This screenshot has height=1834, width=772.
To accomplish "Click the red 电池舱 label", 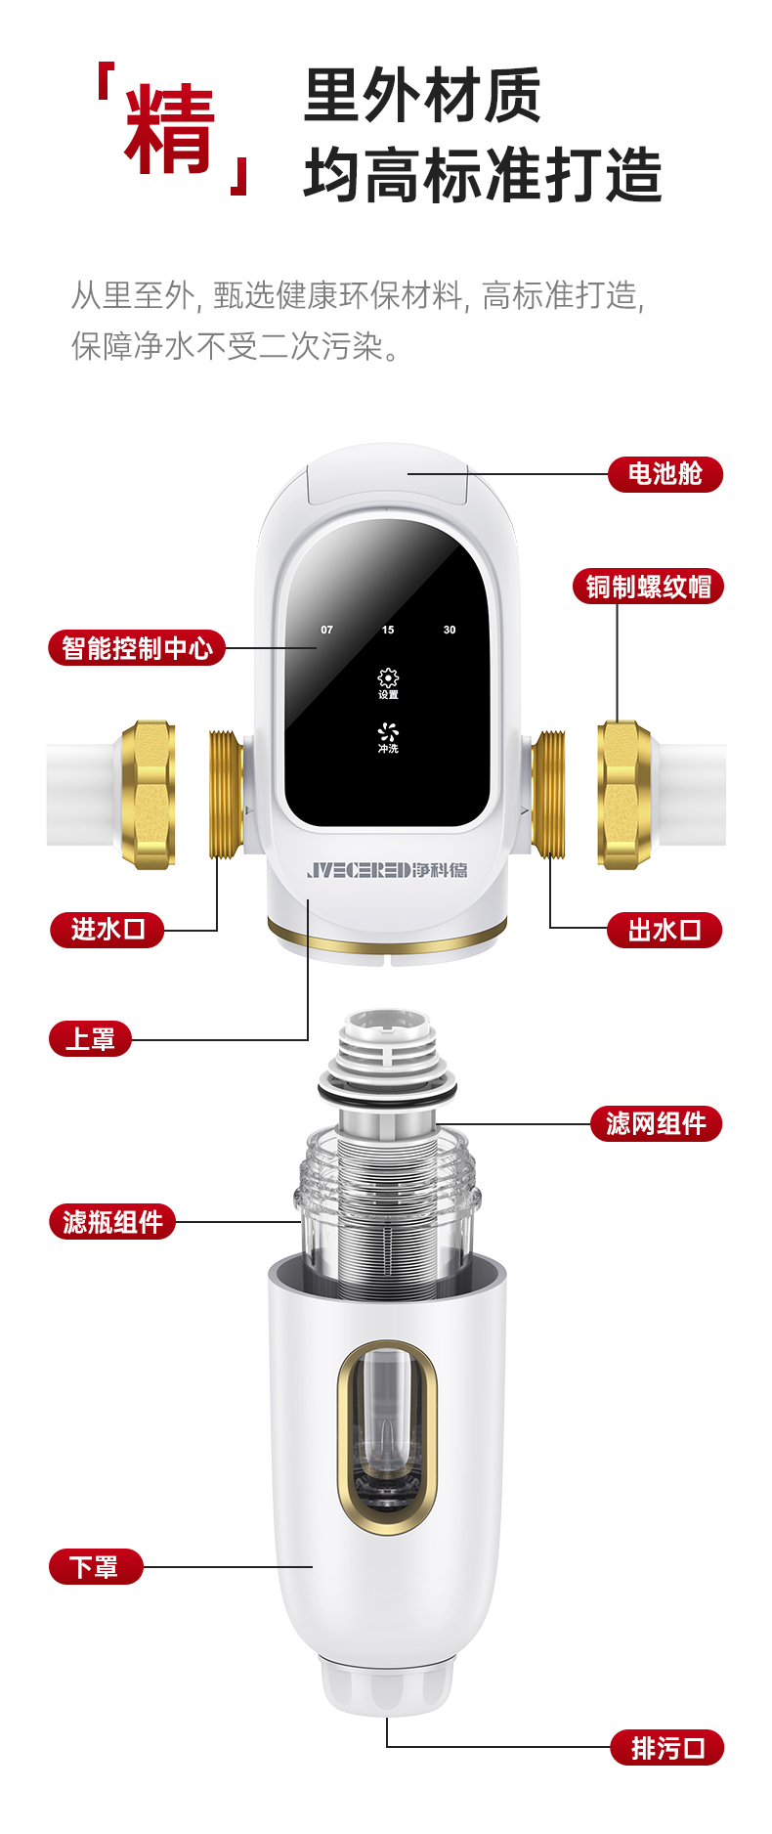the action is click(665, 474).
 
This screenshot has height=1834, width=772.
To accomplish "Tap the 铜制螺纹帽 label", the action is click(648, 587).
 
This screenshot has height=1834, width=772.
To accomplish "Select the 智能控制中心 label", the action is click(137, 647).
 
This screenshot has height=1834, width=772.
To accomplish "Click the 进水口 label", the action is click(107, 929).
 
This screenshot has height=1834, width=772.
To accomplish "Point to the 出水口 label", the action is click(665, 930).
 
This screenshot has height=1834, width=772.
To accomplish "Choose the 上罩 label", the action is click(90, 1038).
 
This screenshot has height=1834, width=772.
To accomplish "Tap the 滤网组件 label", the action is click(656, 1123).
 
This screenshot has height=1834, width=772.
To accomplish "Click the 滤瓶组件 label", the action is click(112, 1222).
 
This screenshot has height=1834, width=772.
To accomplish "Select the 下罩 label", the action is click(95, 1567).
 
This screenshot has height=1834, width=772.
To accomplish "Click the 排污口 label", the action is click(667, 1747).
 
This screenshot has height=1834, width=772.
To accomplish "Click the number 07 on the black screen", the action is click(326, 630).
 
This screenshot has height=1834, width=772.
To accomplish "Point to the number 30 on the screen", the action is click(450, 630).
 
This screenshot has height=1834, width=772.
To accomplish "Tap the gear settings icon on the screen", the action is click(388, 678).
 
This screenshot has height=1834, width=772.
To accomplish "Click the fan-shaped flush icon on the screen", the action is click(388, 732).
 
